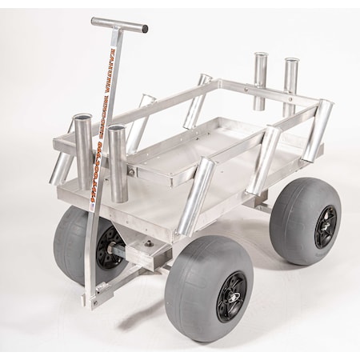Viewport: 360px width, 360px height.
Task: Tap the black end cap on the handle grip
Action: (145, 30)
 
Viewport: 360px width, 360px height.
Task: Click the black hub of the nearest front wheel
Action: (231, 295)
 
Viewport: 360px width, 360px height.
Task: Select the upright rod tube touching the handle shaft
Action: (117, 163)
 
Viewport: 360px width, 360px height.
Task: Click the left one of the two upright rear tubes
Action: (260, 81)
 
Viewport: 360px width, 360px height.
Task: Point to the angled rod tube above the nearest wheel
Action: (197, 195)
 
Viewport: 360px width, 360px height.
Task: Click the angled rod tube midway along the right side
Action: (264, 159)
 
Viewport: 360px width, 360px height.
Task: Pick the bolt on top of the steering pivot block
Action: (147, 239)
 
